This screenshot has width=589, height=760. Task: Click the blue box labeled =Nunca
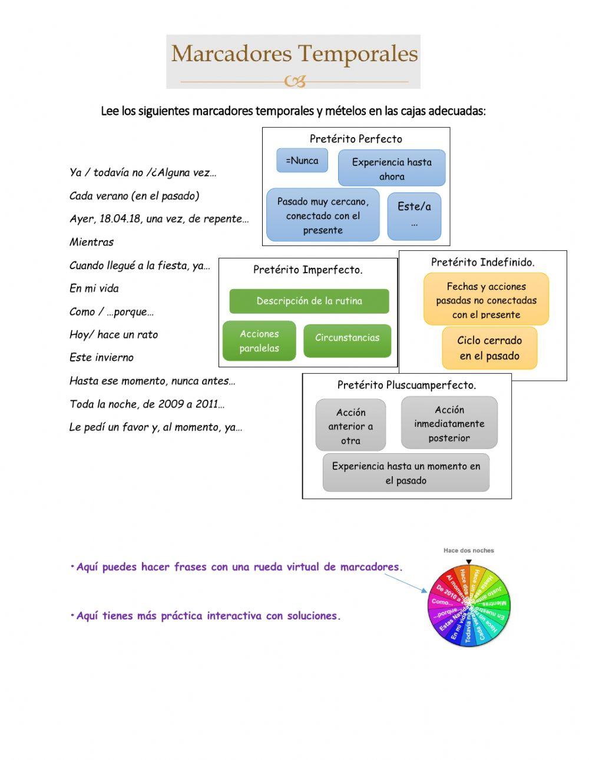[302, 161]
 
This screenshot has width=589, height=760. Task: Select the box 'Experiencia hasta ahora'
[392, 168]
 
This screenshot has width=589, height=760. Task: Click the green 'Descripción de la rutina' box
[309, 301]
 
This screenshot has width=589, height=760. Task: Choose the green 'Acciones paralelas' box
[259, 341]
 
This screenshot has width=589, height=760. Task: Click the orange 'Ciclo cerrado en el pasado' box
[489, 348]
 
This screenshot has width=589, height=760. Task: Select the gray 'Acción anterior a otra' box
[350, 426]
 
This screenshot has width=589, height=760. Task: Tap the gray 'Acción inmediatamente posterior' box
[449, 423]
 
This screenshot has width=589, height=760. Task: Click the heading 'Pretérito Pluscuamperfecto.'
[406, 385]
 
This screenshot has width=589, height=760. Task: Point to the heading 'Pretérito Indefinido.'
[482, 263]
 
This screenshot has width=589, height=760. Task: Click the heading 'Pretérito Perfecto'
[356, 139]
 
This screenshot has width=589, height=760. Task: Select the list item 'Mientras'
[91, 242]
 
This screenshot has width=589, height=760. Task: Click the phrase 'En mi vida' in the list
[94, 288]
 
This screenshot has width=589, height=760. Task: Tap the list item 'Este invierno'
[101, 357]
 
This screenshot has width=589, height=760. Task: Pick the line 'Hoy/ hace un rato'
[114, 334]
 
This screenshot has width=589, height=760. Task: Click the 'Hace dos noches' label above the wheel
[469, 550]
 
